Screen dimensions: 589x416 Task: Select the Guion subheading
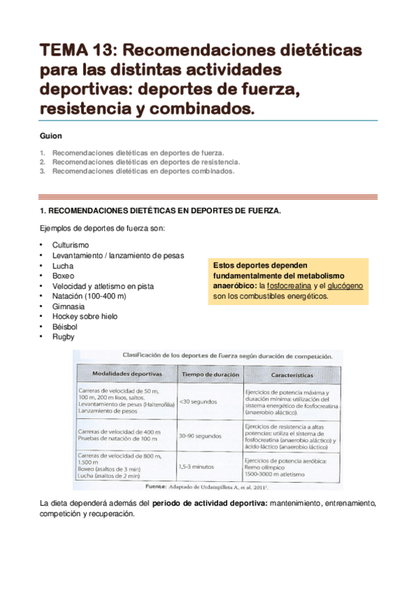tap(51, 136)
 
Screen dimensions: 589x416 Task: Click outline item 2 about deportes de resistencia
tap(141, 161)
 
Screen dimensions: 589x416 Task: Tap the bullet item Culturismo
tap(71, 246)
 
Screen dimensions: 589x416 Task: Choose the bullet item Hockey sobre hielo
tap(85, 316)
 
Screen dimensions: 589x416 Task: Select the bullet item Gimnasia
tap(68, 306)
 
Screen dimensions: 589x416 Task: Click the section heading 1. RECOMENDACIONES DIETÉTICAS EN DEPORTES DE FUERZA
tap(161, 210)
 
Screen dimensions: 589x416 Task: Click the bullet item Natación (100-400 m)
tap(89, 296)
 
